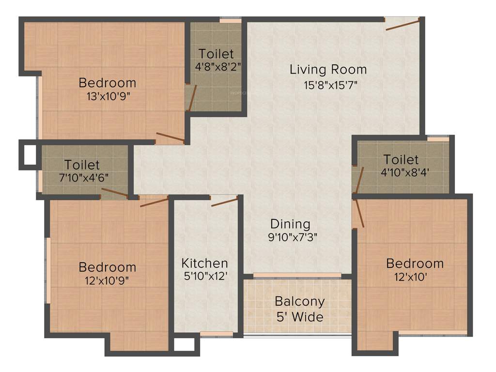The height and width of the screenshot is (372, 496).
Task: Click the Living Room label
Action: click(328, 69)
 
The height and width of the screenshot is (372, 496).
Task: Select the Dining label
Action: click(290, 224)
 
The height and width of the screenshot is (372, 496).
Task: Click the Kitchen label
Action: click(204, 263)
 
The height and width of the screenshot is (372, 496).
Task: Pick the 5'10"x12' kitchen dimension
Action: click(204, 277)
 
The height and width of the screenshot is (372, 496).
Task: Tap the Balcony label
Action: click(300, 301)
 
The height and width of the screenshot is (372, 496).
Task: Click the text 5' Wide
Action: click(300, 317)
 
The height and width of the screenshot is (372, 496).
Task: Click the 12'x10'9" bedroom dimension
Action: click(108, 280)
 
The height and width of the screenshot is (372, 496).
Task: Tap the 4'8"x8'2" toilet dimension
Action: click(217, 66)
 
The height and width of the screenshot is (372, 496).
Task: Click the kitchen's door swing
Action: click(225, 201)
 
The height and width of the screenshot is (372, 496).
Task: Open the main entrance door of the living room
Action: click(403, 24)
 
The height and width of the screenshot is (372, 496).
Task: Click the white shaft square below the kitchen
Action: click(184, 344)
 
